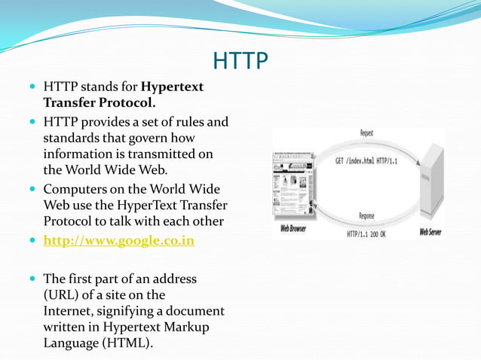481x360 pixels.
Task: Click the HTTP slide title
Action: tap(240, 60)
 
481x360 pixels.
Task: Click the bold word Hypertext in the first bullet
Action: tap(173, 87)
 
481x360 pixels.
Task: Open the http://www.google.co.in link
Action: tap(119, 242)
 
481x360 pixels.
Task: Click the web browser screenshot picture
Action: tap(291, 185)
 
